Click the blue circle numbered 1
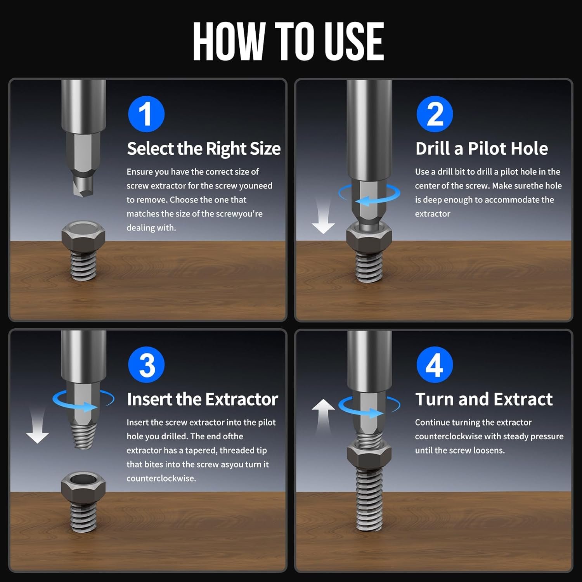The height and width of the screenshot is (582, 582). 146,114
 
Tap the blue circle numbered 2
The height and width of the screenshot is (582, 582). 435,114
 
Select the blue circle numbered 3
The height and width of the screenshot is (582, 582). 146,365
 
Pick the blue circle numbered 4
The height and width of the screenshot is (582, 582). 435,365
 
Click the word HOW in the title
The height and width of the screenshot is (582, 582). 229,42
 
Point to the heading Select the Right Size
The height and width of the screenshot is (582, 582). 204,149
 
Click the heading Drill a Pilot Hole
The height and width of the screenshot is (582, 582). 482,149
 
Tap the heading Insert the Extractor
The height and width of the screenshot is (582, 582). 203,399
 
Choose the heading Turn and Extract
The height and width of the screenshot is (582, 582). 484,399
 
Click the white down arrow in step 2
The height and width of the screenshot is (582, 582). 323,217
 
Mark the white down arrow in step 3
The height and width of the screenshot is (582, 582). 37,425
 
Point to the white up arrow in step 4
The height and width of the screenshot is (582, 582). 323,416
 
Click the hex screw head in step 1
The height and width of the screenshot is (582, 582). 83,235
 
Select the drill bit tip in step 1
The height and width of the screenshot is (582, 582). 83,187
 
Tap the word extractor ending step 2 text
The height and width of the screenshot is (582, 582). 433,214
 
